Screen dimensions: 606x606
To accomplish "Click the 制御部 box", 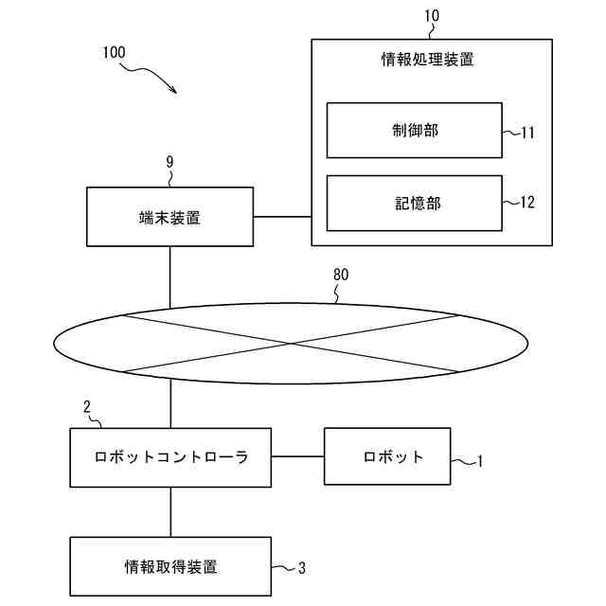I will point(414,130).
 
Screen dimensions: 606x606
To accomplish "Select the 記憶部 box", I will point(414,202).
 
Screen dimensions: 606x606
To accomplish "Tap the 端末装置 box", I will point(169,217).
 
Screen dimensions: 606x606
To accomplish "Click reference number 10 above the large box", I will point(431,15).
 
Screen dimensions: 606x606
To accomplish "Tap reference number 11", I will point(527,133).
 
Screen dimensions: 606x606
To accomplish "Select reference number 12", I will point(527,202).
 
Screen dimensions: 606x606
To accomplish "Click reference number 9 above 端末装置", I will point(169,162).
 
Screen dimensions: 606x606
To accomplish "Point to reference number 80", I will point(341,275).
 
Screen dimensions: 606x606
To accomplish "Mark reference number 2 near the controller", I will point(87,406).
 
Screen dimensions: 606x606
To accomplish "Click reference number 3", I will point(302,568).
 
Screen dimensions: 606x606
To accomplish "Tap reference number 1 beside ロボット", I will point(480,462).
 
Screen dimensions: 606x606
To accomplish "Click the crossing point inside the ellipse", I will point(292,342).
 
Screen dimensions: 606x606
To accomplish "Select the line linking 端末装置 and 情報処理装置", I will point(282,217).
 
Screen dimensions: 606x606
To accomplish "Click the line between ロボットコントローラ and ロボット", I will point(298,456).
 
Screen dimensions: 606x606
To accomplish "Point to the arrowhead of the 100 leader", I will point(176,91).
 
